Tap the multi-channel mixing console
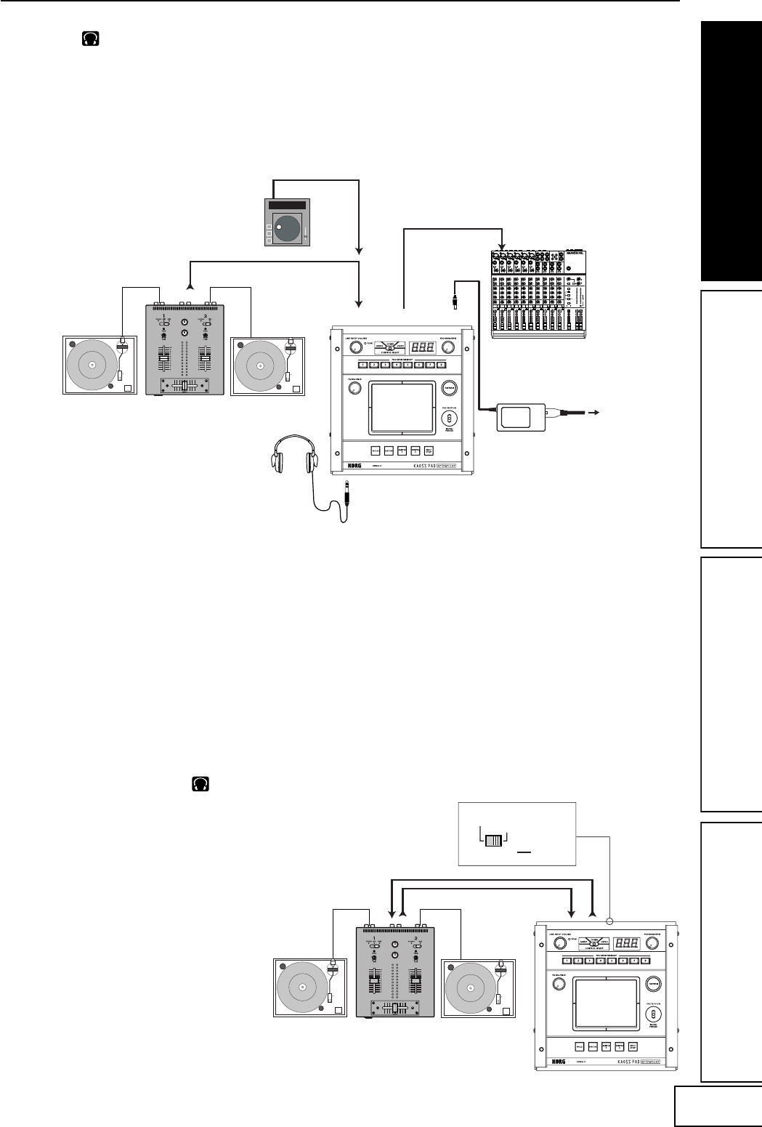coord(538,294)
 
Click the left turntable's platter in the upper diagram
coord(92,364)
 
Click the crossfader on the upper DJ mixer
coord(185,386)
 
